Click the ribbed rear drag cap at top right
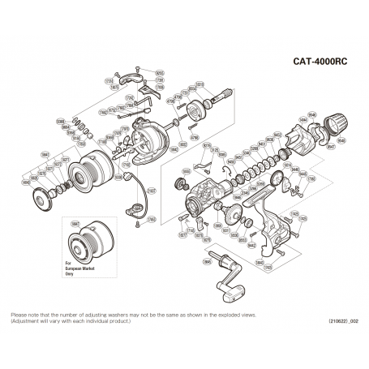pyautogui.click(x=335, y=127)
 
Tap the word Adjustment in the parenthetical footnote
pyautogui.click(x=26, y=321)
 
